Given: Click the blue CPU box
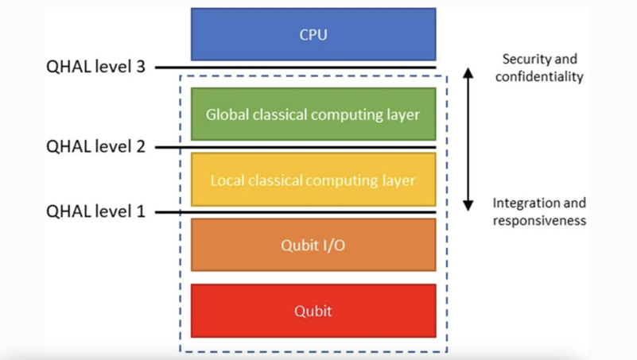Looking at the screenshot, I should pos(313,35).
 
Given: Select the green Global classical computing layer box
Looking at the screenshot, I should pos(313,114).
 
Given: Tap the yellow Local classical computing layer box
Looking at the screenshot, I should pos(313,180).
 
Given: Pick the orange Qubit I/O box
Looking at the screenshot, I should pos(313,245).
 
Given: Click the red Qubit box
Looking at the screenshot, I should pos(313,311).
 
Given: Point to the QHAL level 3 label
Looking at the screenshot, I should pos(95,68).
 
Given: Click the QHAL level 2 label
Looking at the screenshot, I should pos(95,146).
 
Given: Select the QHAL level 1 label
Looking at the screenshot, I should pos(95,212).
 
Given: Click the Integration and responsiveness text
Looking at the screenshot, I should pos(539,211).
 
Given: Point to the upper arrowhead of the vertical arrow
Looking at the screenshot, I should pos(468,72).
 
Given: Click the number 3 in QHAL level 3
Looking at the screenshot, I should pos(140,68).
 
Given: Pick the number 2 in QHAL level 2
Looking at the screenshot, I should pos(140,146).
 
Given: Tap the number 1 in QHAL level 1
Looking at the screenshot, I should pos(140,212).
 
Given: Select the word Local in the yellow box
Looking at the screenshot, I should pos(227,180).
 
